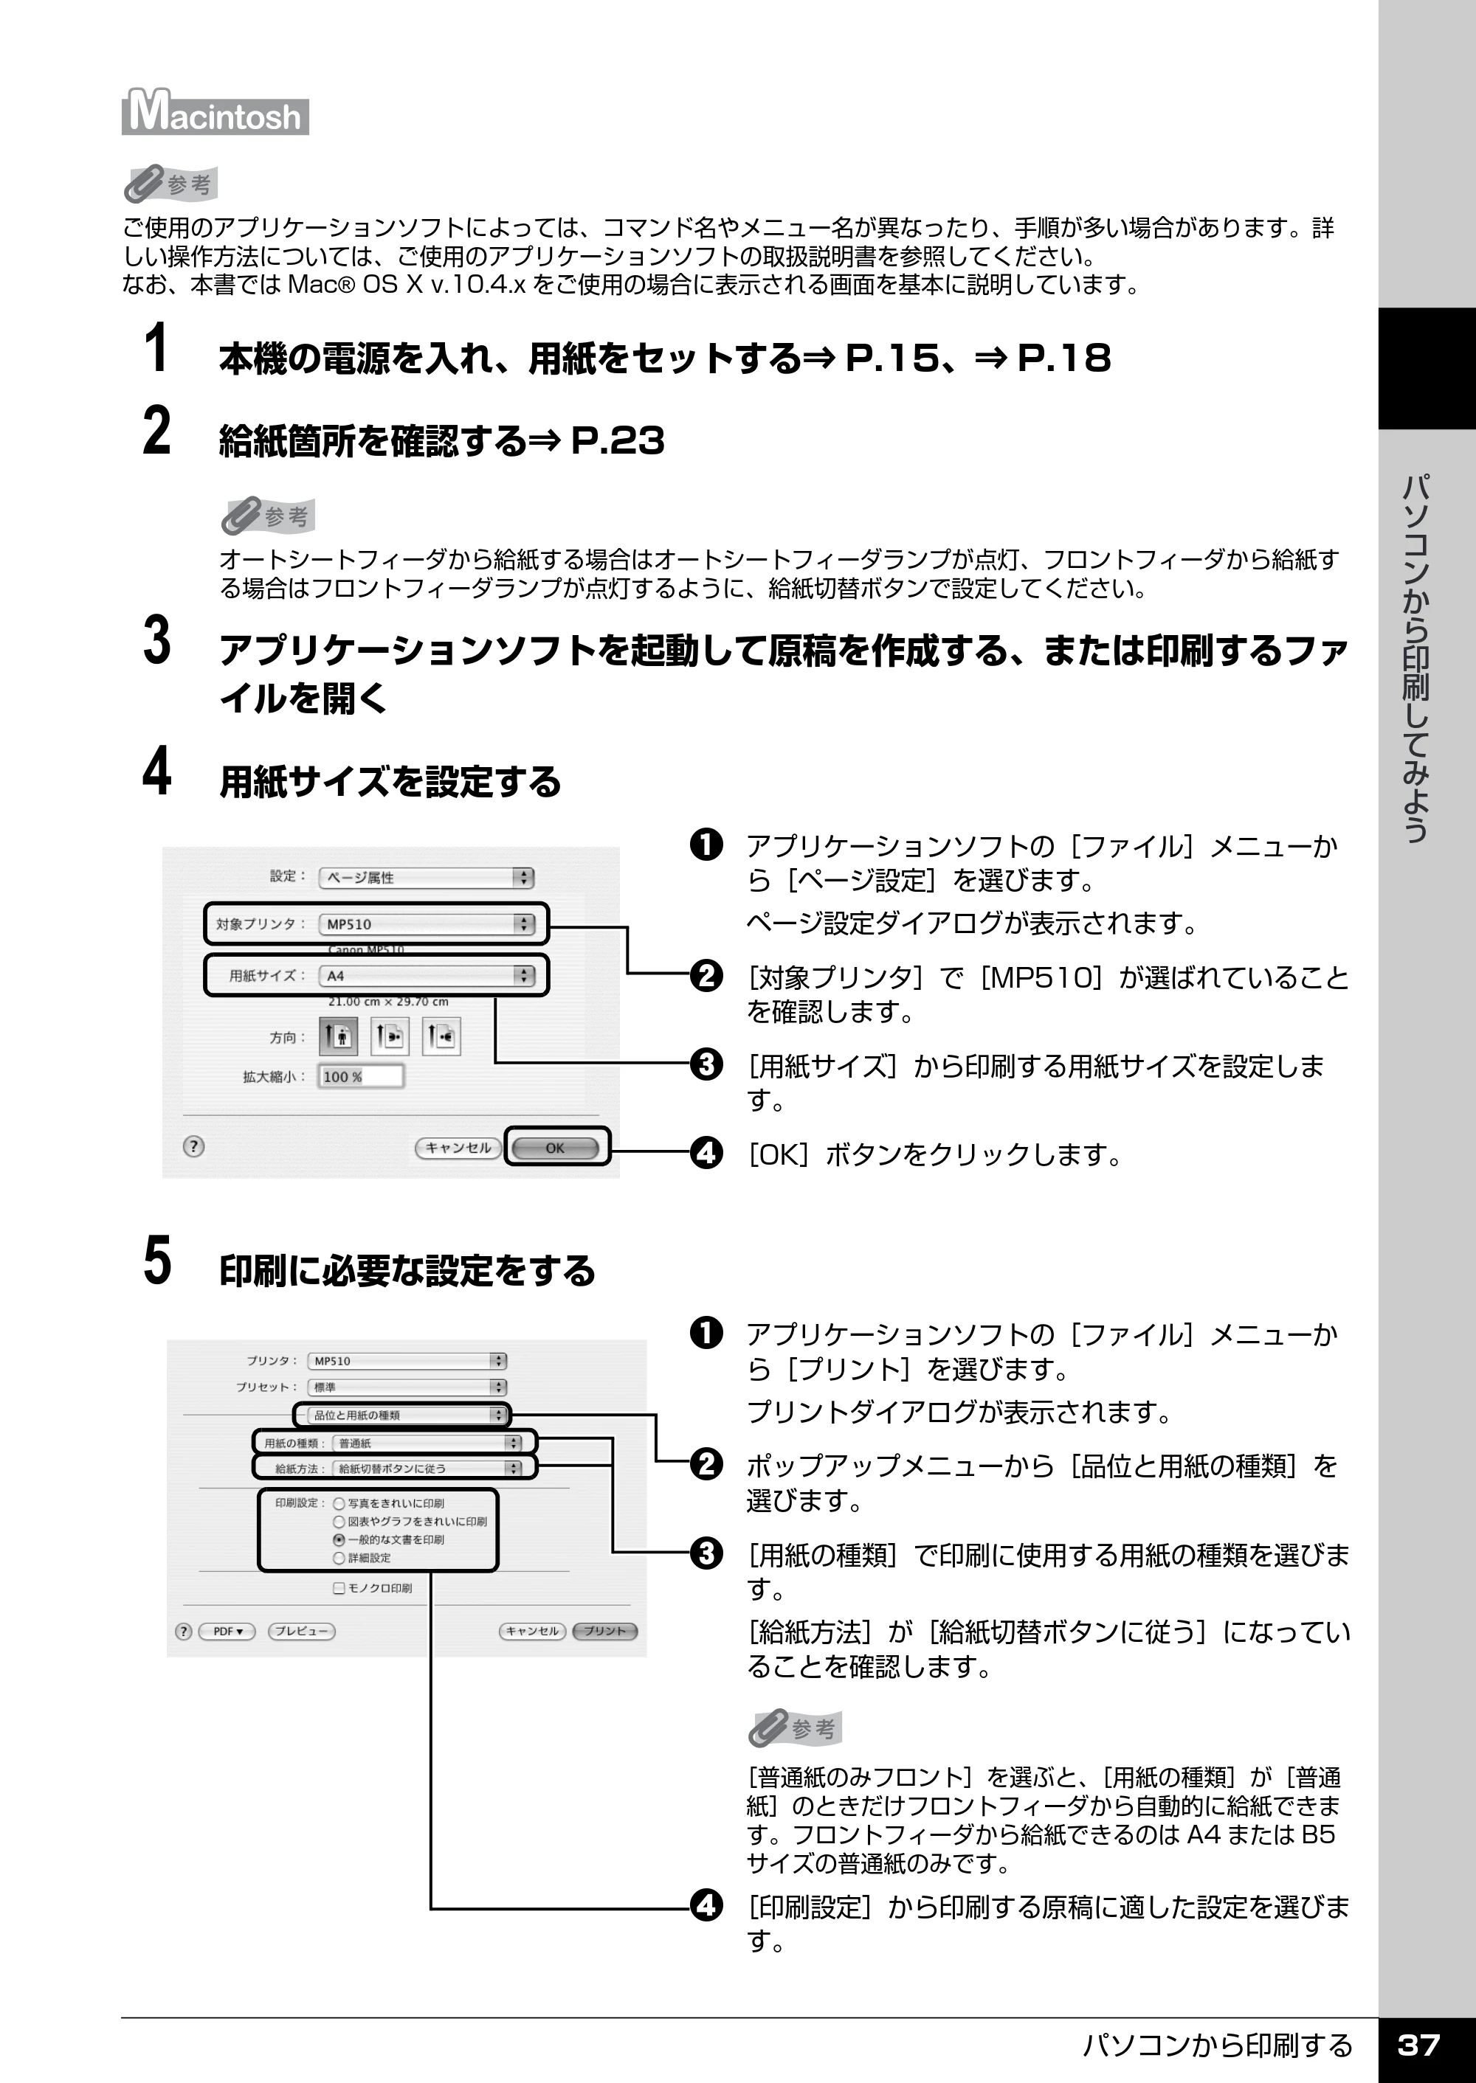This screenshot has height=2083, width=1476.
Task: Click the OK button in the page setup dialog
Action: point(555,1148)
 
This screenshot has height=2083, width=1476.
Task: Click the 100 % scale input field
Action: point(361,1076)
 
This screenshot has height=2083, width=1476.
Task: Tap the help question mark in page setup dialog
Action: point(193,1146)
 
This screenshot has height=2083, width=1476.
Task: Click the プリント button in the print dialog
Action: point(604,1631)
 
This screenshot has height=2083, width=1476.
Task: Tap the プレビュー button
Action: point(302,1631)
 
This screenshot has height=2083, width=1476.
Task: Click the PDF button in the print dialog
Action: point(228,1631)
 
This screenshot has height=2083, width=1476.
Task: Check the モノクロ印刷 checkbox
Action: point(339,1588)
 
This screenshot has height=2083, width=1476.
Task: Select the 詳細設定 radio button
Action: point(339,1558)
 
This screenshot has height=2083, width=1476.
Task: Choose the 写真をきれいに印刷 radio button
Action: point(339,1503)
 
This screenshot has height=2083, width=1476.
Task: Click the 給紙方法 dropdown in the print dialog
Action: point(428,1468)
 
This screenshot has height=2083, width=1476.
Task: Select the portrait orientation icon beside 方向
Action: point(338,1036)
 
